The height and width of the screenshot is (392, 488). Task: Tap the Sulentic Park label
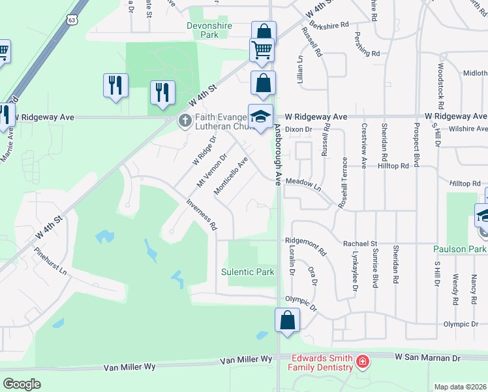[x=248, y=272]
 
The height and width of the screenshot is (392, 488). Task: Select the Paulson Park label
[x=460, y=249]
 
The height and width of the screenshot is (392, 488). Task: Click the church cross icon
[x=185, y=120]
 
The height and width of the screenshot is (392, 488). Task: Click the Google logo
[x=22, y=384]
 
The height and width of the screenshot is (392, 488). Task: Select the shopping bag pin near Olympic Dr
[x=287, y=321]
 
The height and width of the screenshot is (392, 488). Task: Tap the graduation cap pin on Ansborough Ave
[x=260, y=116]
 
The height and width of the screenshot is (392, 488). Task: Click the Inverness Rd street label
[x=202, y=215]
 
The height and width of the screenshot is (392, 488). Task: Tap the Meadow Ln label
[x=304, y=184]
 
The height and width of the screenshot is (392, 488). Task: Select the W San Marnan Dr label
[x=428, y=358]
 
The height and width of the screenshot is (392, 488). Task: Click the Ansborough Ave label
[x=277, y=154]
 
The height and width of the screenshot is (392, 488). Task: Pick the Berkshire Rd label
[x=330, y=24]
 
